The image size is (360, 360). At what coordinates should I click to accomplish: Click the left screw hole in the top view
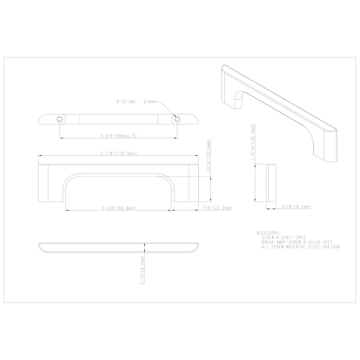[60, 119]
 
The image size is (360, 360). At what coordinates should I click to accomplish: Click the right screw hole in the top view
[177, 119]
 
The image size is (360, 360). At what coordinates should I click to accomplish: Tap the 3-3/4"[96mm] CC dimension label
[118, 136]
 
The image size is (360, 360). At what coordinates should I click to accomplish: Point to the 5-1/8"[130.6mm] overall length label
[118, 153]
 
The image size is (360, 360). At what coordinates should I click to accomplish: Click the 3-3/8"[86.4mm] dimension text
[118, 208]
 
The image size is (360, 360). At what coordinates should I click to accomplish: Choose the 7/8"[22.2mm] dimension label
[217, 208]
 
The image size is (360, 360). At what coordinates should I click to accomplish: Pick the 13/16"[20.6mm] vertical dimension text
[208, 156]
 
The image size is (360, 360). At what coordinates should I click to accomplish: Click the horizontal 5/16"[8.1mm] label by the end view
[296, 207]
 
